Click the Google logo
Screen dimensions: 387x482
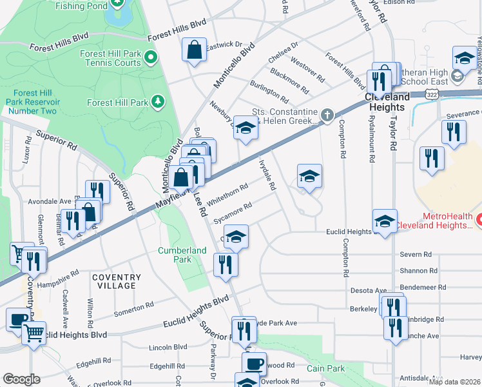21,379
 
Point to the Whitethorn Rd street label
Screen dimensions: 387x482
227,192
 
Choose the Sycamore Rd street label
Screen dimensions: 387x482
232,213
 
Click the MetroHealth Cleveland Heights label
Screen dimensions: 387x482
438,221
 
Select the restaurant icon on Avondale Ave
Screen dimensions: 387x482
97,191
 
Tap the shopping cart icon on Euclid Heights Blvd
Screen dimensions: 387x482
34,333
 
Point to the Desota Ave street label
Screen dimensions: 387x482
368,291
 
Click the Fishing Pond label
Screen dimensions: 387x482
82,6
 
